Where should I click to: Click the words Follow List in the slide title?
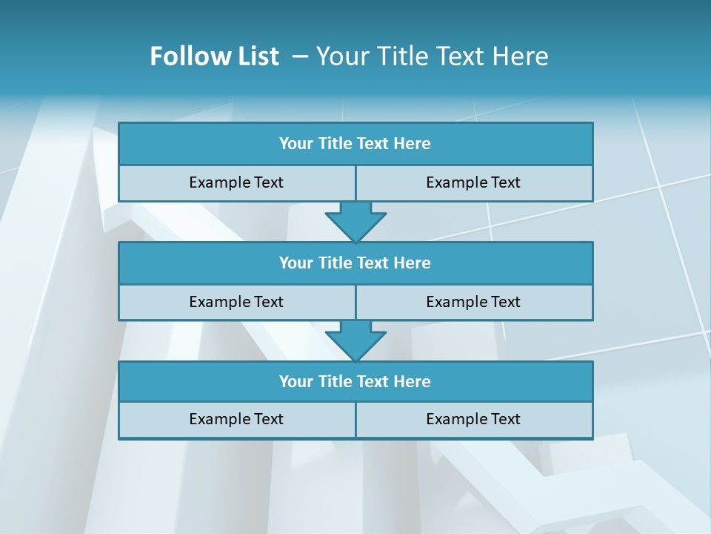[214, 56]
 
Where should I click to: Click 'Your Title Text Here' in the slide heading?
[432, 56]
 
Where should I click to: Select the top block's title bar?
[355, 144]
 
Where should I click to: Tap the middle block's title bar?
[355, 263]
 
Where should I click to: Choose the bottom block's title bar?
[355, 381]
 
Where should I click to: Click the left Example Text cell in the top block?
[236, 182]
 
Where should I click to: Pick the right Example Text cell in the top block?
[473, 182]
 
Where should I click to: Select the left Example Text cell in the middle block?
[236, 302]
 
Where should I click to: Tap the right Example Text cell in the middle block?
[473, 302]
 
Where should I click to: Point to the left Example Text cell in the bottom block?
[236, 419]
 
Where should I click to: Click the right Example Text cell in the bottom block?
[473, 419]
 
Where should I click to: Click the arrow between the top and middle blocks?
[355, 220]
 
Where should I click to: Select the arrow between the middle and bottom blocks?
[355, 340]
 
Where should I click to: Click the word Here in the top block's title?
[413, 144]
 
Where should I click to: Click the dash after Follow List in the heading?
[300, 56]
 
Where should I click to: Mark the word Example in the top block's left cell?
[219, 182]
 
